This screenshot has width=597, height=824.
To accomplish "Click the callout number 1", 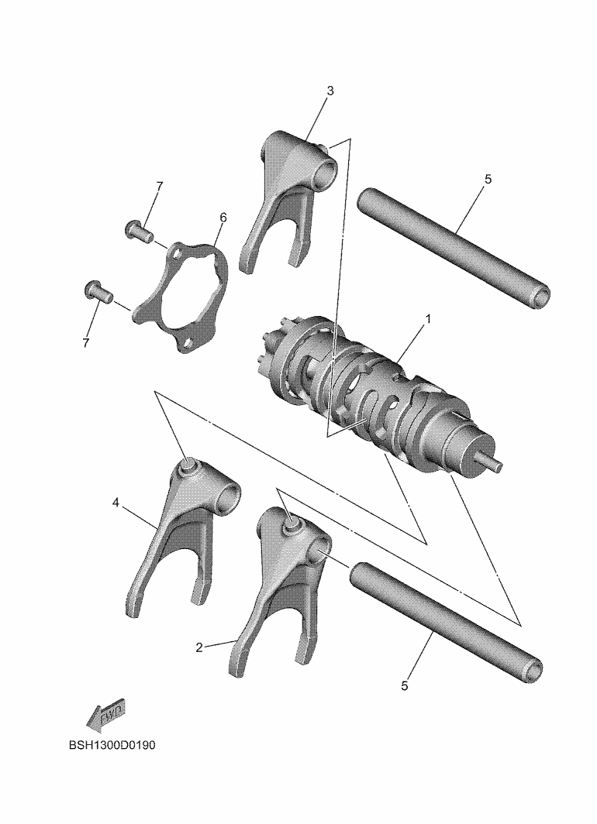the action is coord(428,319).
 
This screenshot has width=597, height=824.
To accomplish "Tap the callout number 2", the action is coord(198,647).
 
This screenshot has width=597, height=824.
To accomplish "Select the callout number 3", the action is coord(330,91).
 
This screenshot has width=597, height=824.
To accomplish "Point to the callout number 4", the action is coord(116,503).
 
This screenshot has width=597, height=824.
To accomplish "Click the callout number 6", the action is coord(223,217).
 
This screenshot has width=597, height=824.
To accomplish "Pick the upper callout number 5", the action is coord(488,179).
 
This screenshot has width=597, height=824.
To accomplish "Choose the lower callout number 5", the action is coord(405,686).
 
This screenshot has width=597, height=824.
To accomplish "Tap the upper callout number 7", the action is coord(159,187).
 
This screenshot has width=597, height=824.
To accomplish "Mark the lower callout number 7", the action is coord(86,342).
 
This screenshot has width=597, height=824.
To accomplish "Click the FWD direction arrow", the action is coord(105,715).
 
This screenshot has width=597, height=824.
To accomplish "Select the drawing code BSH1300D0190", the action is coord(112,745).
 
